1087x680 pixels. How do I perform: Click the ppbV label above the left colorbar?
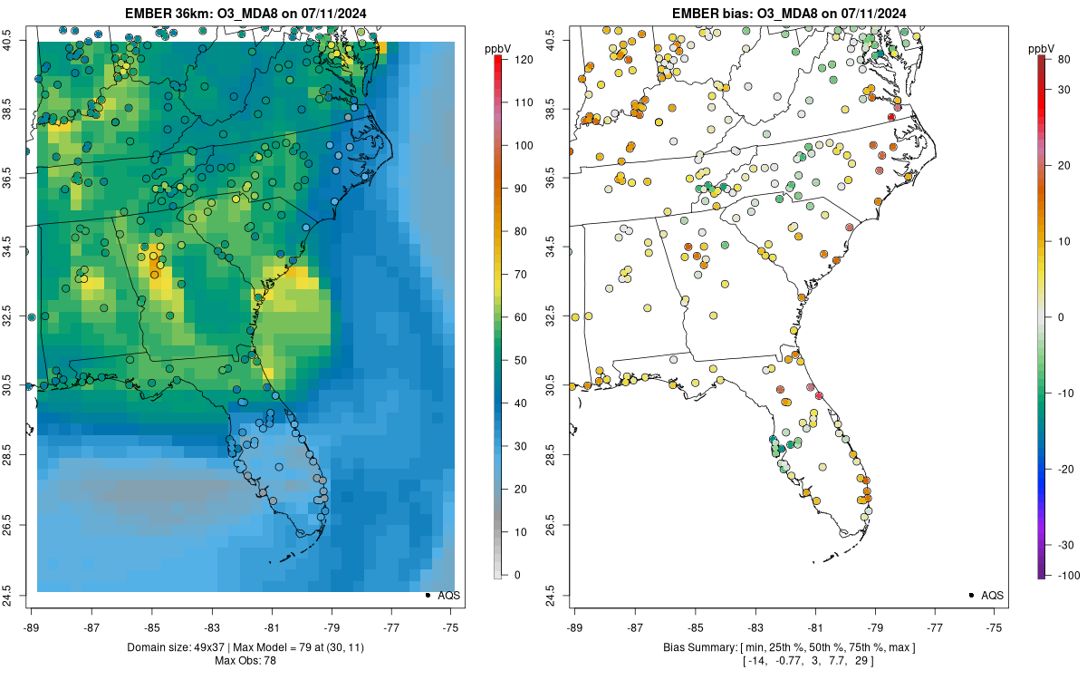coord(498,47)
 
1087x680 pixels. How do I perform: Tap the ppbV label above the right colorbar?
coord(1042,47)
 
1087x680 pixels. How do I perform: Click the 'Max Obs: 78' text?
coord(245,660)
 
